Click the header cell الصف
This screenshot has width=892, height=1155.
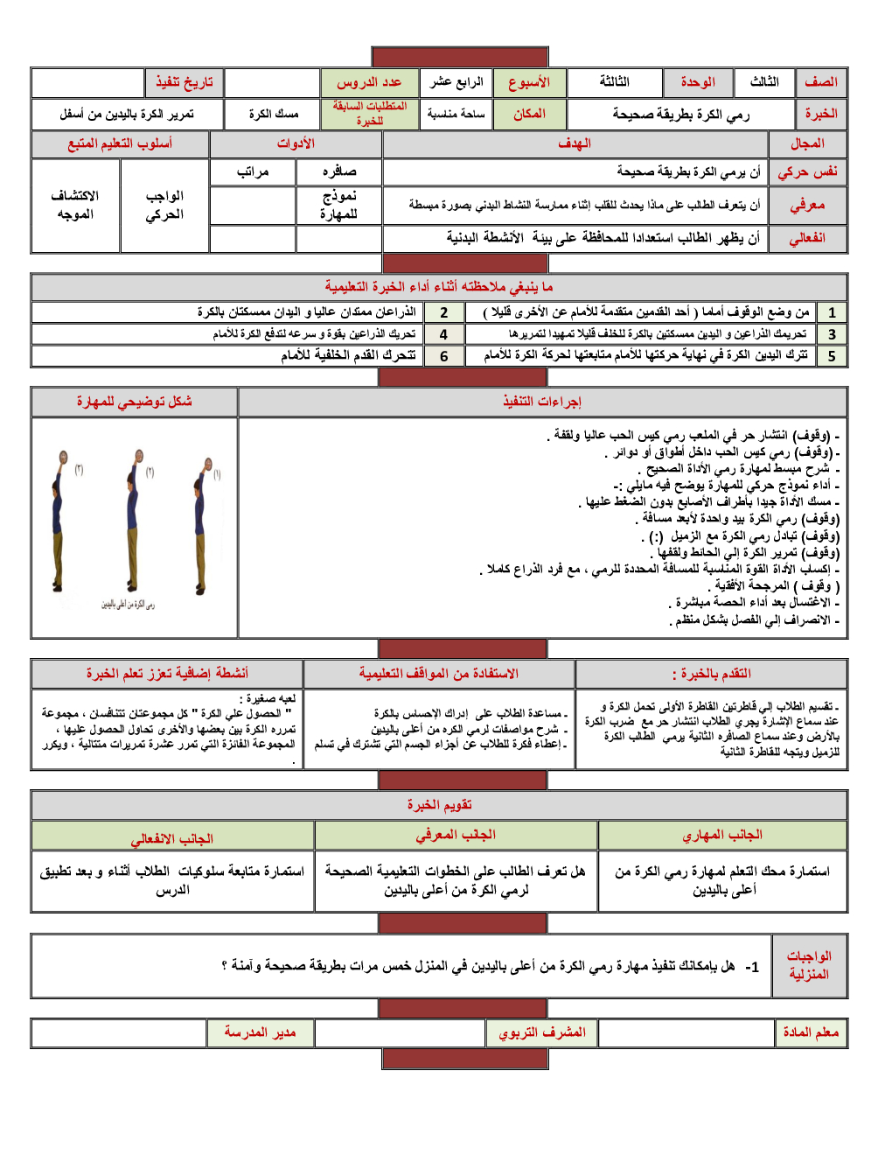coord(820,82)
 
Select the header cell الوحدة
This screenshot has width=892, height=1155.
coord(698,82)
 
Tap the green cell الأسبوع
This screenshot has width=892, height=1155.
coord(529,82)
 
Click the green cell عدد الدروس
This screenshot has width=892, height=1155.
coord(369,82)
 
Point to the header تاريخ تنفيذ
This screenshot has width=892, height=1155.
coord(185,82)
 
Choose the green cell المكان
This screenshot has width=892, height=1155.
coord(529,114)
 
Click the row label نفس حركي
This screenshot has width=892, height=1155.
coord(807,172)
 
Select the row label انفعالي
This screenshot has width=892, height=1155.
coord(807,238)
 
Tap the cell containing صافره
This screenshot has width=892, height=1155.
coord(339,172)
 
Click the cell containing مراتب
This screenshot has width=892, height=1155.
coord(253,172)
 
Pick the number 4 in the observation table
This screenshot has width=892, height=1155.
coord(444,334)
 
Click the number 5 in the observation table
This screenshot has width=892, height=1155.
coord(832,356)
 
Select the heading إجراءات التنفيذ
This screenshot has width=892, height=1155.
coord(542,402)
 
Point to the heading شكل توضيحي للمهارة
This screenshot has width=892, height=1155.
coord(134,402)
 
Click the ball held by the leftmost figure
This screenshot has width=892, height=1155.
coord(63,457)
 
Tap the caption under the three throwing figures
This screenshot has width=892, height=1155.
coord(128,604)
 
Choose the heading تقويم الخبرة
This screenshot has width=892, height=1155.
coord(439,805)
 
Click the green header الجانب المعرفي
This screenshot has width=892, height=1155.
coord(455,836)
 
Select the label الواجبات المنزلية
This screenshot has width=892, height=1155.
coord(809,965)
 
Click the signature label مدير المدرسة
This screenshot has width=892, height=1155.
coord(260,1032)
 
